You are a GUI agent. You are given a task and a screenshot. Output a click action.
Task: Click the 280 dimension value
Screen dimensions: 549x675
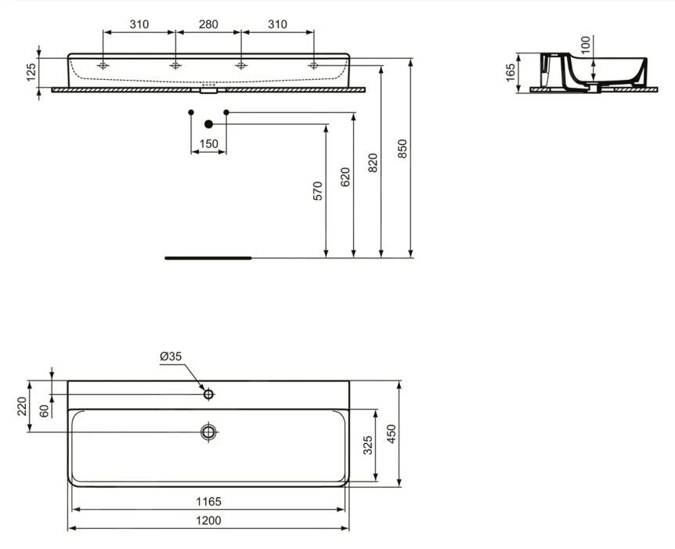click(x=208, y=24)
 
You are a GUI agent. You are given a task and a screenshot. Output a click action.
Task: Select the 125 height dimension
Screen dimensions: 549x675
click(x=31, y=73)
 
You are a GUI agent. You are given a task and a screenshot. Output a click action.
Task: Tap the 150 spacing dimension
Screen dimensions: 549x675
click(x=209, y=144)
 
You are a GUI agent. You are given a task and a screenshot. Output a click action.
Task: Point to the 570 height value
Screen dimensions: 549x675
click(x=317, y=192)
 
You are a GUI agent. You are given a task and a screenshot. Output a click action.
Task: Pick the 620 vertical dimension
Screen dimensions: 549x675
click(x=345, y=177)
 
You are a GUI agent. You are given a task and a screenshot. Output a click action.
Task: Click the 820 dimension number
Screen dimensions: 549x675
click(x=373, y=162)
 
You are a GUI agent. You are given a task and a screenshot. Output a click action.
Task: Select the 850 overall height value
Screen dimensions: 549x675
click(x=402, y=149)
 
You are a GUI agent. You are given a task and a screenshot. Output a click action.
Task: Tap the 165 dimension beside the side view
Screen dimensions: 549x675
click(x=511, y=72)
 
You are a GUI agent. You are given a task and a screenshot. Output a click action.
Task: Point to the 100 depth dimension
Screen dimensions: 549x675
click(x=586, y=45)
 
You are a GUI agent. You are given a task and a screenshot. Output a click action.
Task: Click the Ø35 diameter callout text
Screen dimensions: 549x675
click(x=171, y=356)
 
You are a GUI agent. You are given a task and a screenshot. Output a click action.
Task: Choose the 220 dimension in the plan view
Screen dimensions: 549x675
click(x=22, y=406)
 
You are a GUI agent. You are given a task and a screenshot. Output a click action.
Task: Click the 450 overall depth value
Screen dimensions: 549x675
click(x=391, y=433)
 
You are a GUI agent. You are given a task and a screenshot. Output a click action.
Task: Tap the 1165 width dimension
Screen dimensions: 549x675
click(x=208, y=501)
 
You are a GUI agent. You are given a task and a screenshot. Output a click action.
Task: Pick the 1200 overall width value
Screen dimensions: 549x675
click(x=208, y=520)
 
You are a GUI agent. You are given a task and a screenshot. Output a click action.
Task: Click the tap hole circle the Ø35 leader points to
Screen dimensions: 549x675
click(x=209, y=394)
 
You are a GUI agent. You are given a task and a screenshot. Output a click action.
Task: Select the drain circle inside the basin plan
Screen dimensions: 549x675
click(x=209, y=432)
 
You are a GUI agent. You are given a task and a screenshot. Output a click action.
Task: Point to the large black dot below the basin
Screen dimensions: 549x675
click(x=208, y=124)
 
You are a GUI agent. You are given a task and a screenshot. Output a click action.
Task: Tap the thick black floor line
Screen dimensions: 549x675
click(x=208, y=257)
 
